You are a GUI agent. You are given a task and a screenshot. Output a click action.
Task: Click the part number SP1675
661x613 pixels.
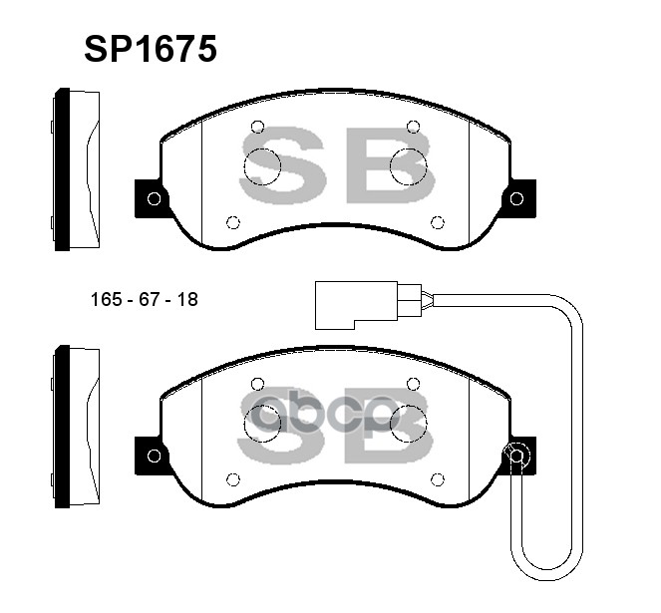pos(151,49)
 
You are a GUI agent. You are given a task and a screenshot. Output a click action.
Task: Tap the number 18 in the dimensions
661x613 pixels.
pos(186,299)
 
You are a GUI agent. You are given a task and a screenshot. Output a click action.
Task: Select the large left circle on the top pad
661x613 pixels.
pos(262,165)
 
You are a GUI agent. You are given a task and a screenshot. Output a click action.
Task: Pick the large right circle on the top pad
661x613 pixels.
pos(408,165)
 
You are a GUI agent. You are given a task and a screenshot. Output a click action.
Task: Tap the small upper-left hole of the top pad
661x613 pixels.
pos(257,127)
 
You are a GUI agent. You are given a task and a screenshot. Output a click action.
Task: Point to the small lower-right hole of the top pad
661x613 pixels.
pos(436,222)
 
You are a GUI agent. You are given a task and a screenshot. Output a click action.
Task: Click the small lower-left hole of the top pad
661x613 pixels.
pos(233,222)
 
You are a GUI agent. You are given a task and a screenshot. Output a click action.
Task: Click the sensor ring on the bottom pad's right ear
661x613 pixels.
pos(516,456)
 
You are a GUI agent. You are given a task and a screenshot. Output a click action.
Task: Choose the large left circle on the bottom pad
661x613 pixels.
pos(262,423)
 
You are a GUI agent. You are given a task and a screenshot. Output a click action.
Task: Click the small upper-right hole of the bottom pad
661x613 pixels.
pos(413,384)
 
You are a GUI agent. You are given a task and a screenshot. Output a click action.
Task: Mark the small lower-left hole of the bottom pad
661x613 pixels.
pos(233,479)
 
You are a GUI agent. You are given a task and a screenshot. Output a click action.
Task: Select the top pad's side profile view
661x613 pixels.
pos(76,170)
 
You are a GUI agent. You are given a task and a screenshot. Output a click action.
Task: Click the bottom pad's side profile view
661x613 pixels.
pos(76,427)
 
